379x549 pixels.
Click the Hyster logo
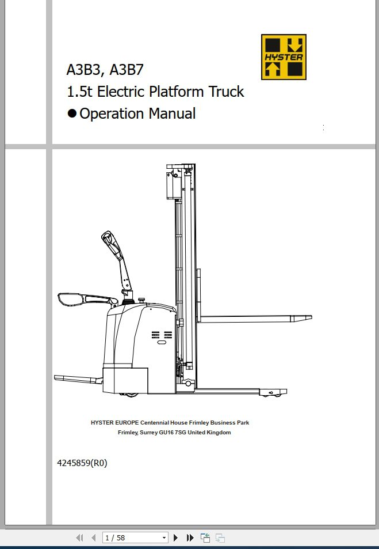coord(284,56)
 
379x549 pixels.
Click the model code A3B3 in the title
coord(83,71)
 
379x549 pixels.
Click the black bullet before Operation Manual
coord(72,113)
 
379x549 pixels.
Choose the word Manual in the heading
coord(172,113)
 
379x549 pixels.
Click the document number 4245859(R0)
coord(82,463)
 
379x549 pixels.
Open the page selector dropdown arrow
coord(164,537)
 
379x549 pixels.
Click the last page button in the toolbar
coord(190,537)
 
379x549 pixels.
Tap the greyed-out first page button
coord(79,537)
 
